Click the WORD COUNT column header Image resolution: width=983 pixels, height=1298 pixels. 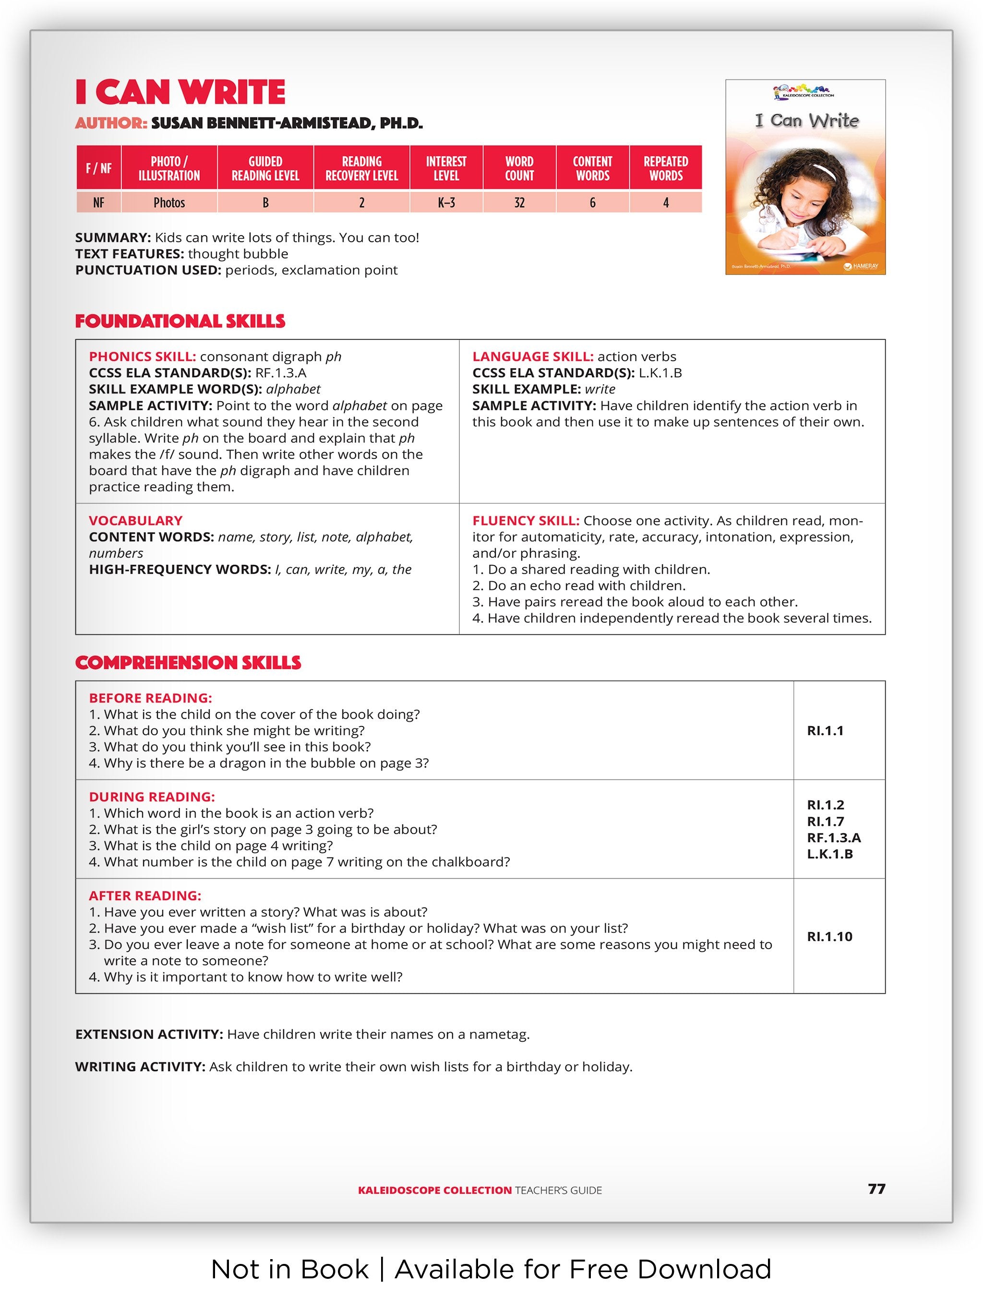pos(519,168)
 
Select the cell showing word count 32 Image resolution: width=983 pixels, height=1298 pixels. pos(519,202)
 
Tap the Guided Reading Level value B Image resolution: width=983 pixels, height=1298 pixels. pos(265,202)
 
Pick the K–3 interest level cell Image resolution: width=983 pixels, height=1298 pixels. pos(446,202)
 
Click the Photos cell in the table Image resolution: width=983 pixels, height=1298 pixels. pos(169,202)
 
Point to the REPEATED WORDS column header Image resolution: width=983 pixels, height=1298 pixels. pos(666,168)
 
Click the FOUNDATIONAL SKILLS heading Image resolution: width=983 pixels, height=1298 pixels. pos(180,321)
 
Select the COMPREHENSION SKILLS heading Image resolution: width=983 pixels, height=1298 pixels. pos(188,663)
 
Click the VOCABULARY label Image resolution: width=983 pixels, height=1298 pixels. pos(135,521)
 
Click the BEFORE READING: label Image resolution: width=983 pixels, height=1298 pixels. pos(150,698)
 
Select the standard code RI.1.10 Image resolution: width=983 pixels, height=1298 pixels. pos(829,937)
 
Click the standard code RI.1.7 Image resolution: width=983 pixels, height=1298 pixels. pos(825,822)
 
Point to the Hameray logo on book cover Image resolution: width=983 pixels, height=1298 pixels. pos(861,266)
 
